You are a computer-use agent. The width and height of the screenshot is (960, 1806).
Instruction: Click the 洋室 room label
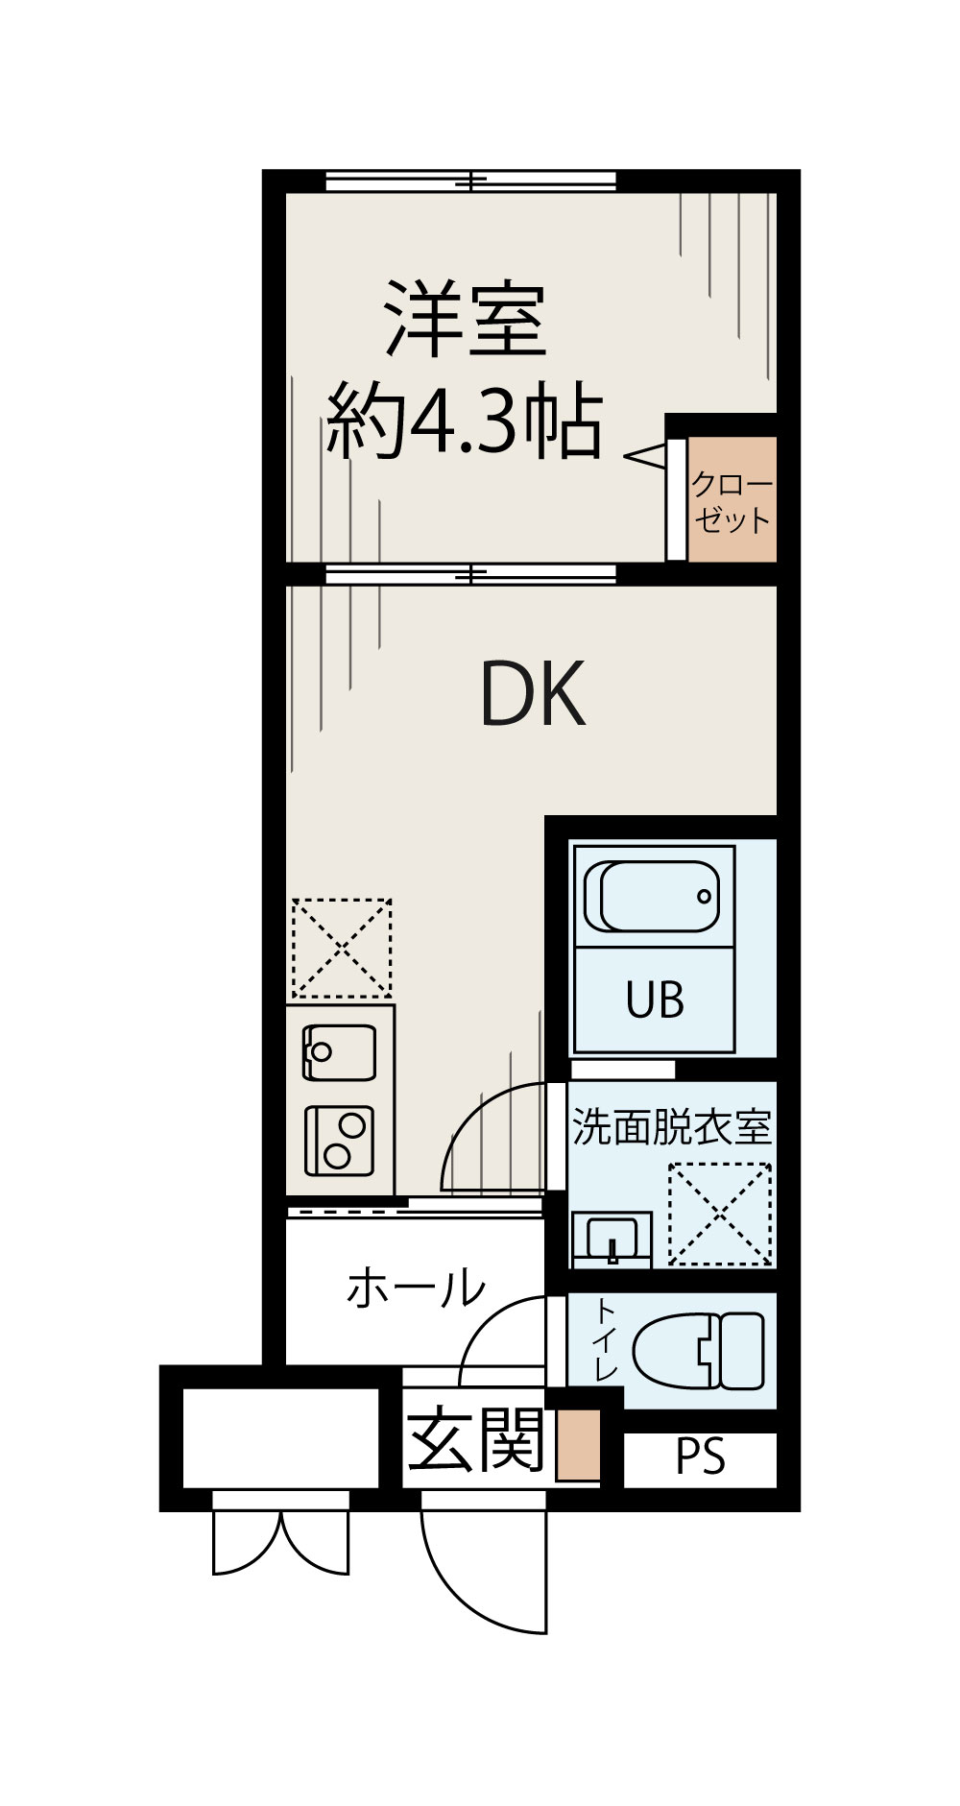click(x=467, y=320)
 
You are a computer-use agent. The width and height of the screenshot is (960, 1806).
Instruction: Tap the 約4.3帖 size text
click(x=465, y=421)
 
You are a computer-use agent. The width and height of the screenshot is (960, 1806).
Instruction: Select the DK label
click(x=532, y=694)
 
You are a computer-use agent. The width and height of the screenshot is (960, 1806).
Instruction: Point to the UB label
click(x=655, y=1000)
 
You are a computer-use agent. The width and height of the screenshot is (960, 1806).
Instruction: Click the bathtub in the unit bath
click(x=652, y=897)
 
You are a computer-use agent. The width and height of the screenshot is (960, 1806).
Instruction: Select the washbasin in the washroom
click(x=612, y=1238)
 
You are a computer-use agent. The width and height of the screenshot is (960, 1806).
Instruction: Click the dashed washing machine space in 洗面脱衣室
click(x=720, y=1214)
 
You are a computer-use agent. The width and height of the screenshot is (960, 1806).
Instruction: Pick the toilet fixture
click(x=701, y=1349)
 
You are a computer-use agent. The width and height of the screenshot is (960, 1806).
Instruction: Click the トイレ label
click(x=605, y=1339)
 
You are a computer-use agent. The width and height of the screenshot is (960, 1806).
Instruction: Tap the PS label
click(x=700, y=1457)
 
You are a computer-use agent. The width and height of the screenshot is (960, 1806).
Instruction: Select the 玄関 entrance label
click(x=476, y=1440)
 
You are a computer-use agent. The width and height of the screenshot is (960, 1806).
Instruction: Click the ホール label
click(x=416, y=1288)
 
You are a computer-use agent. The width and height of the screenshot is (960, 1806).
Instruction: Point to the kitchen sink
click(x=339, y=1052)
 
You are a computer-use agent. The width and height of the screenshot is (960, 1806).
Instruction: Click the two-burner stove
click(x=339, y=1141)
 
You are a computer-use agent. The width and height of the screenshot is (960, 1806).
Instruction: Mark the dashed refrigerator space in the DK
click(x=342, y=948)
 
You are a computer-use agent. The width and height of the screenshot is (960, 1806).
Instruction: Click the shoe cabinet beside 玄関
click(x=578, y=1444)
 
